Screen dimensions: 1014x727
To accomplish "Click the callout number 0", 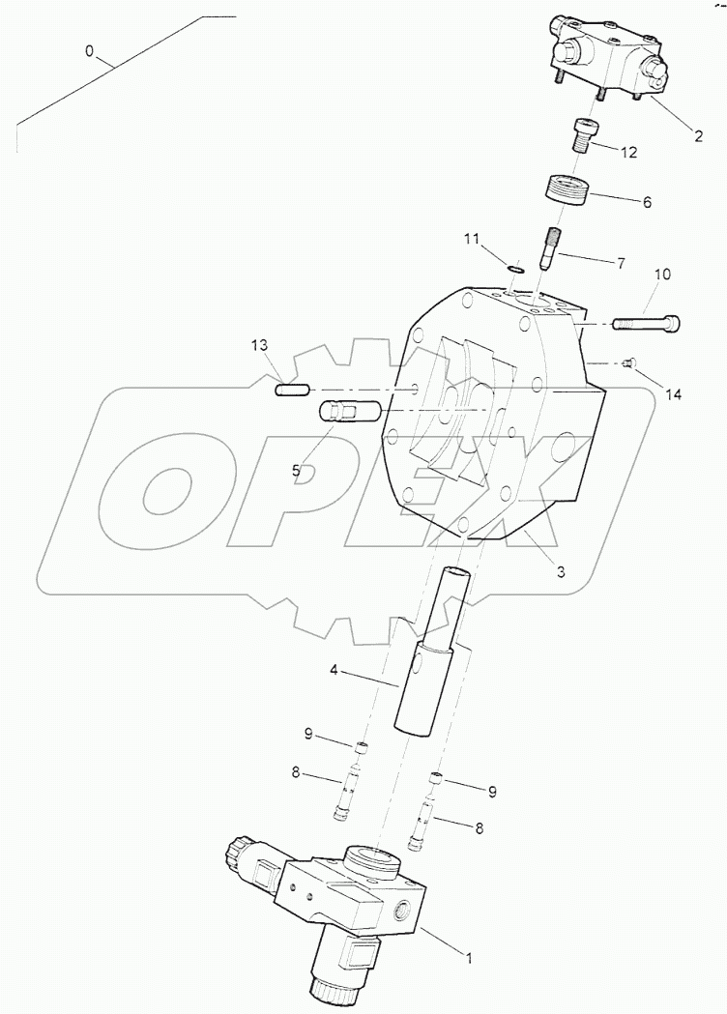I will point(89,51).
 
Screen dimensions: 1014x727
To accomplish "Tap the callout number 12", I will point(628,152).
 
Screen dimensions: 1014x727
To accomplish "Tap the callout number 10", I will point(661,275).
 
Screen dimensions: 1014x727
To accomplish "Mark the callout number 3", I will point(561,571).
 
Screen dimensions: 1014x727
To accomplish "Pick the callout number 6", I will point(647,202).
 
